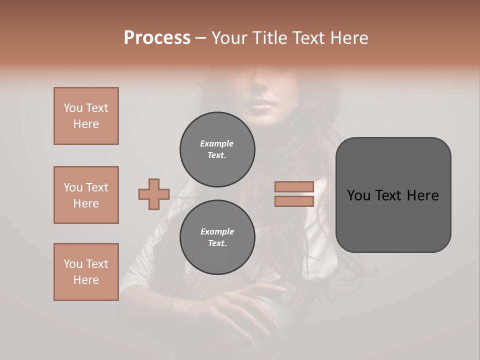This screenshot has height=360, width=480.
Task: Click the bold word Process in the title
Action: point(157,38)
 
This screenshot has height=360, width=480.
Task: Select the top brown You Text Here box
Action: point(86,116)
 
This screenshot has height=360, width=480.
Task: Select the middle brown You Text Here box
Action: point(86,195)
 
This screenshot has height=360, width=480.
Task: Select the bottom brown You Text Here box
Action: point(86,272)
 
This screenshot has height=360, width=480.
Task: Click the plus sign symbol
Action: point(154,194)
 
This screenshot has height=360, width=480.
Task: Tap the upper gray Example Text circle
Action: point(217,149)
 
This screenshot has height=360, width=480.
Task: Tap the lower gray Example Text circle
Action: point(217,237)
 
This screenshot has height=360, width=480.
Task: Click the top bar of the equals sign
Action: point(294,187)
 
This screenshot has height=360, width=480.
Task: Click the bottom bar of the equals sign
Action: point(294,201)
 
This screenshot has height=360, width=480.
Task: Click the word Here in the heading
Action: point(349,38)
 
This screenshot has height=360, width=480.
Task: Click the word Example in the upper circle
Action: point(216,144)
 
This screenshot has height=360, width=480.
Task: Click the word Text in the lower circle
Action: point(216,243)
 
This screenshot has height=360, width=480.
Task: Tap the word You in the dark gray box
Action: point(358,195)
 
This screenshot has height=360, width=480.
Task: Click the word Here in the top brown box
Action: point(86,124)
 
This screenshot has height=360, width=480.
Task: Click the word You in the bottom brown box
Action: point(73,264)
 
